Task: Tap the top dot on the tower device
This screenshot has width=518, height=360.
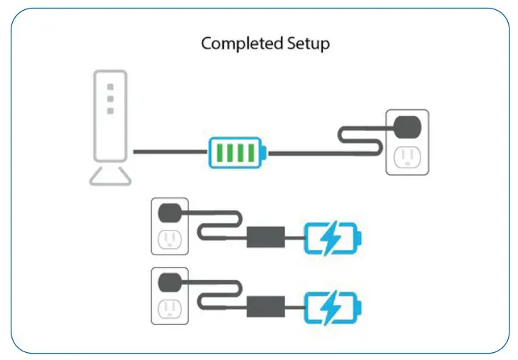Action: click(x=110, y=86)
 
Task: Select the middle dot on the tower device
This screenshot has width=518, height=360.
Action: click(x=110, y=98)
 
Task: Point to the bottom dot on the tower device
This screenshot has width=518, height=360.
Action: click(x=110, y=110)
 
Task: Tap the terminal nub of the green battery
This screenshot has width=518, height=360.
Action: click(x=266, y=153)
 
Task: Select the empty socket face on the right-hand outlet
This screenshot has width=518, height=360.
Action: click(x=408, y=156)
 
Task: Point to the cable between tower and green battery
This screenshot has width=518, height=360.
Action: click(x=169, y=152)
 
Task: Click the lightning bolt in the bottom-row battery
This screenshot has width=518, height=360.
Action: click(x=330, y=308)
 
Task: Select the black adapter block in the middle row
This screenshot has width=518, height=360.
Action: click(x=266, y=237)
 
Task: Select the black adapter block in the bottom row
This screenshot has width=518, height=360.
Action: click(x=266, y=307)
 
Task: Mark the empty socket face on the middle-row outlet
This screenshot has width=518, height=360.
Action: click(x=170, y=239)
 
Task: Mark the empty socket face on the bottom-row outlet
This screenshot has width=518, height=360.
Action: click(x=170, y=309)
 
